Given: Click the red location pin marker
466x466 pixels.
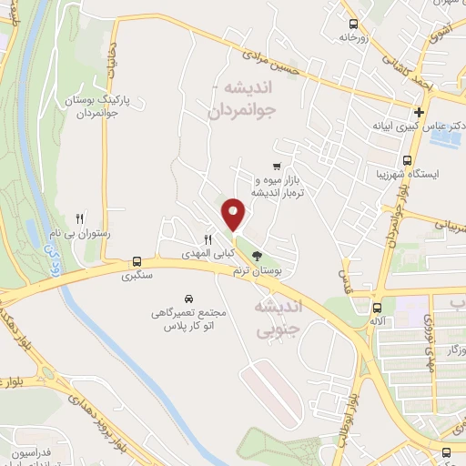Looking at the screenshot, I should pyautogui.click(x=234, y=214).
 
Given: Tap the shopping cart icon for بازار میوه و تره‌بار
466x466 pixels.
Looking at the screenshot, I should pyautogui.click(x=276, y=167).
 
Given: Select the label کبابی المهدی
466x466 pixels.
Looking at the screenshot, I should pyautogui.click(x=206, y=252).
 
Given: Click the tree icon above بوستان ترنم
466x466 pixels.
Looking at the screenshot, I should pyautogui.click(x=258, y=256).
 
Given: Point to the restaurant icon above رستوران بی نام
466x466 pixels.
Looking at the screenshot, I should pyautogui.click(x=80, y=218).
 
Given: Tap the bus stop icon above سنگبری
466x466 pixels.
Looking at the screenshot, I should pyautogui.click(x=137, y=258).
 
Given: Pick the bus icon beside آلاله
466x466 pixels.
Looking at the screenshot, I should pyautogui.click(x=377, y=306).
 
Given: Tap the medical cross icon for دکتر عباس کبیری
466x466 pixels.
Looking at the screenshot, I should pyautogui.click(x=419, y=113).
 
